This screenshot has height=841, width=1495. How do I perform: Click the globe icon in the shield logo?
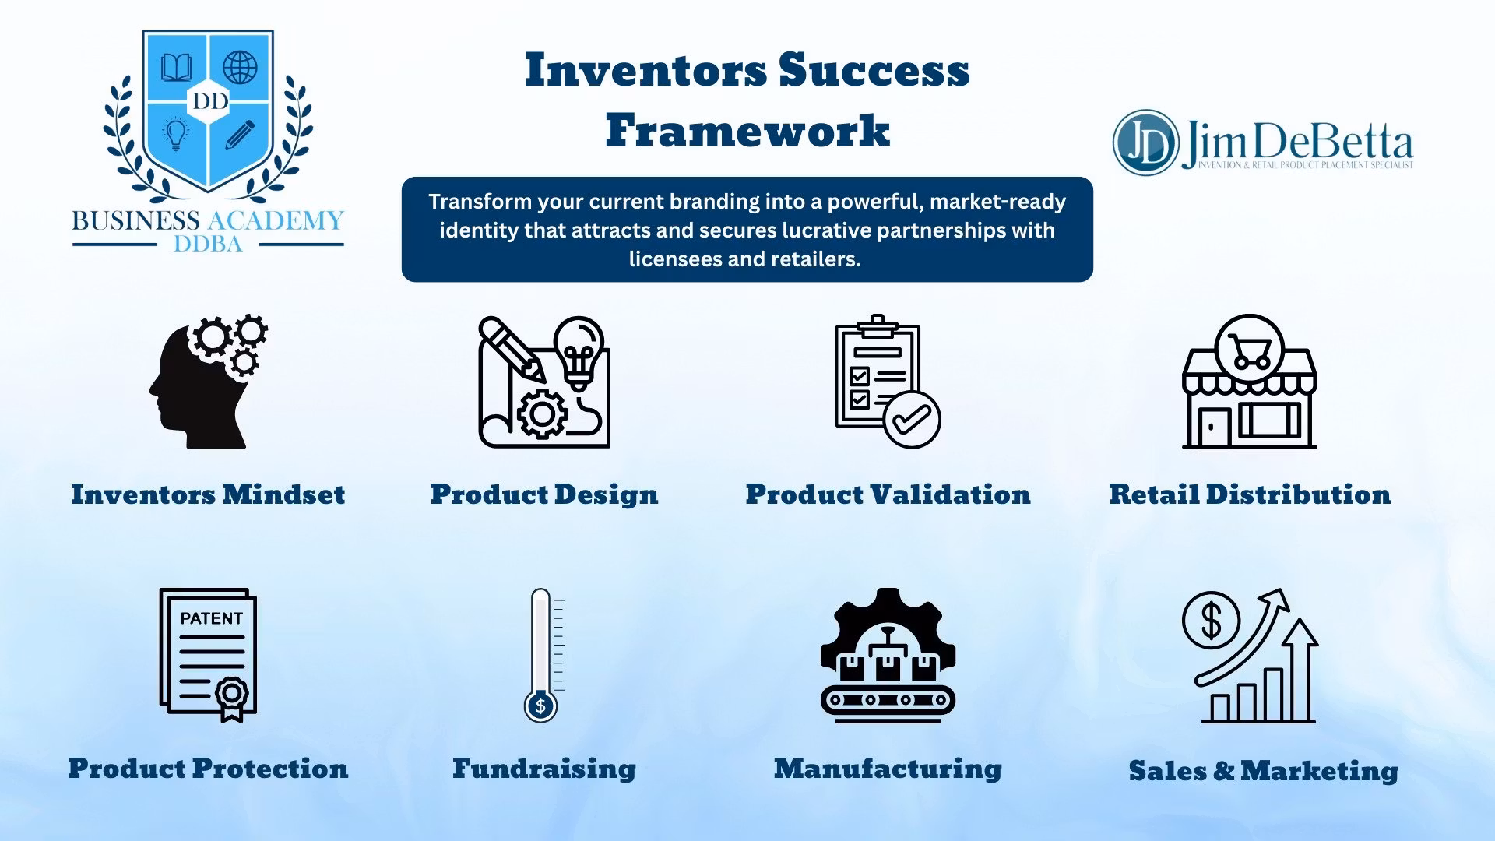tap(240, 68)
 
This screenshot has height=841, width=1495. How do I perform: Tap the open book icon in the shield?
tap(177, 68)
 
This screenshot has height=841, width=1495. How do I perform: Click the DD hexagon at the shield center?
tap(209, 101)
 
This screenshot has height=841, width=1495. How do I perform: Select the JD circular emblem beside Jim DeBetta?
tap(1145, 143)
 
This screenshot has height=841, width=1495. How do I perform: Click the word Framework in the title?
tap(747, 130)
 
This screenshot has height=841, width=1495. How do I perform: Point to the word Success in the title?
tap(874, 70)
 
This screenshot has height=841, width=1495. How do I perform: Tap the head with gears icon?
tap(209, 382)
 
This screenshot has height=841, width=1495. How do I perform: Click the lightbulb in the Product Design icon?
tap(579, 353)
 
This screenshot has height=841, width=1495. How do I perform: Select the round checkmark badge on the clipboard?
tap(912, 420)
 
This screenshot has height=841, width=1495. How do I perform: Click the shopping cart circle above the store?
tap(1249, 350)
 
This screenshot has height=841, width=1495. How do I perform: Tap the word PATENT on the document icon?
tap(212, 618)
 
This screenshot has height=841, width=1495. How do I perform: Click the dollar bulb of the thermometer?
tap(540, 706)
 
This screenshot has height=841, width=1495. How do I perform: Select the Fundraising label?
tap(544, 769)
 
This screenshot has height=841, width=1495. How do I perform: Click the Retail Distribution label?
tap(1250, 494)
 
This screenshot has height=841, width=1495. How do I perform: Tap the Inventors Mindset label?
tap(208, 494)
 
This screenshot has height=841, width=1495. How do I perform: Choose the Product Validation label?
tap(888, 494)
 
